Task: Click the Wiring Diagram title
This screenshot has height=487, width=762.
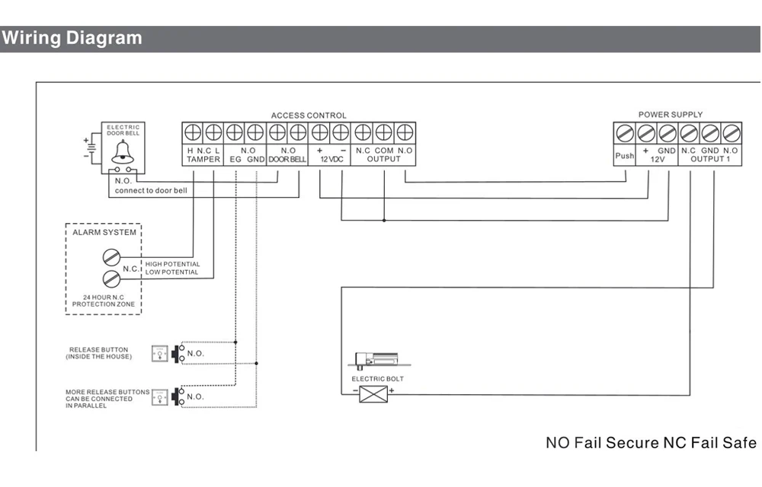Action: (x=72, y=38)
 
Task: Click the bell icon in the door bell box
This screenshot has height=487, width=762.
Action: (x=123, y=152)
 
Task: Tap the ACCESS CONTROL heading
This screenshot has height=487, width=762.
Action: (x=309, y=116)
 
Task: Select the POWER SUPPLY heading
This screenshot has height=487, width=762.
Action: (x=670, y=114)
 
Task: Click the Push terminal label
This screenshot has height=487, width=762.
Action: (x=625, y=156)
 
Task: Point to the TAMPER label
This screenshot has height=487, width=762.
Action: (x=203, y=159)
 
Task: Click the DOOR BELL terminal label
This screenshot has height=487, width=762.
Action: (x=287, y=159)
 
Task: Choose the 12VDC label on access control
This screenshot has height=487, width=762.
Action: (x=331, y=159)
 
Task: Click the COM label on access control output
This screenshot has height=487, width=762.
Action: (x=384, y=151)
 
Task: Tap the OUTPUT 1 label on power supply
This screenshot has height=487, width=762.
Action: (x=710, y=159)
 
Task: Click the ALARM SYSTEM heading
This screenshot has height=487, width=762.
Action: (x=104, y=232)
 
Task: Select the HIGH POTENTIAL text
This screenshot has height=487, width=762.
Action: (x=172, y=264)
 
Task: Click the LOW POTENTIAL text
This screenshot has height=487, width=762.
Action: (x=171, y=272)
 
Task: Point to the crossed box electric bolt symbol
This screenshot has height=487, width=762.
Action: (x=373, y=394)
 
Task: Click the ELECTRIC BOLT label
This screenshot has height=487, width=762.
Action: (x=378, y=379)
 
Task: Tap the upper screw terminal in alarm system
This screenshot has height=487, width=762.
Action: (x=111, y=257)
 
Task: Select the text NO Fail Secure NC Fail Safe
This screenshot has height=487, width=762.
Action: (x=651, y=442)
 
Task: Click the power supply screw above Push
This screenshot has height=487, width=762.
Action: (x=624, y=133)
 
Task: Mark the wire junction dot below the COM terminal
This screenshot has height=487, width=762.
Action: (x=384, y=220)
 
